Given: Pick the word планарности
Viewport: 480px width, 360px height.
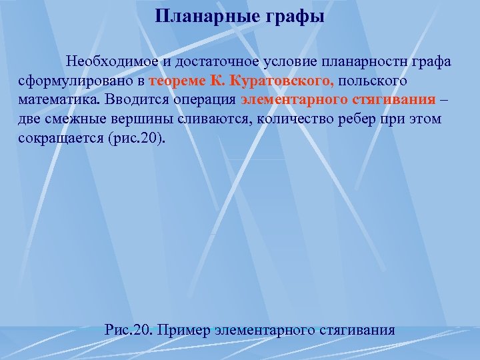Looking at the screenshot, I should [x=366, y=62].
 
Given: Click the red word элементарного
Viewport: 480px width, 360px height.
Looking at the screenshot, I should [x=289, y=101].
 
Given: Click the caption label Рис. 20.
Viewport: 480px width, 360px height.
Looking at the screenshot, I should [x=129, y=329].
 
